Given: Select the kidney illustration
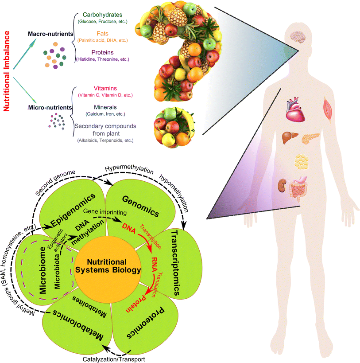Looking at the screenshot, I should tap(281, 185).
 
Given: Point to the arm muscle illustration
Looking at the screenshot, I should tap(329, 107).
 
